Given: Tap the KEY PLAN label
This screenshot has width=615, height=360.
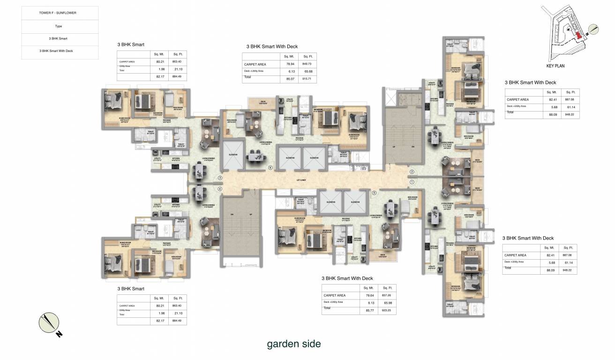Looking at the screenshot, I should pos(555,66).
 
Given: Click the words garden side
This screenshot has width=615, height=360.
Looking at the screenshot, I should pos(294,344).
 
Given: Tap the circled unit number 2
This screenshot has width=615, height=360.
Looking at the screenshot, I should pos(412,172).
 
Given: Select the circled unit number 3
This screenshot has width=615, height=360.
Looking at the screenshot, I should pos(220,178).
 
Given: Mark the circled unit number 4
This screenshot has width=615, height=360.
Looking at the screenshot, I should pos(220,189).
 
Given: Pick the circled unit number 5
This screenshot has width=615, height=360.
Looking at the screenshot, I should pos(374,193).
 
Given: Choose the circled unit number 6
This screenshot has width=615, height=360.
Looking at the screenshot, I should pos(270,167).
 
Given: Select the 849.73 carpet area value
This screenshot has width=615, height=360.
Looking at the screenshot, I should pos(307,64).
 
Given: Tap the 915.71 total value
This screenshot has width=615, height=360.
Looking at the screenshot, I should pos(307,79).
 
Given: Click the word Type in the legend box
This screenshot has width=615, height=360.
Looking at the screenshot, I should pos(58,26).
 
